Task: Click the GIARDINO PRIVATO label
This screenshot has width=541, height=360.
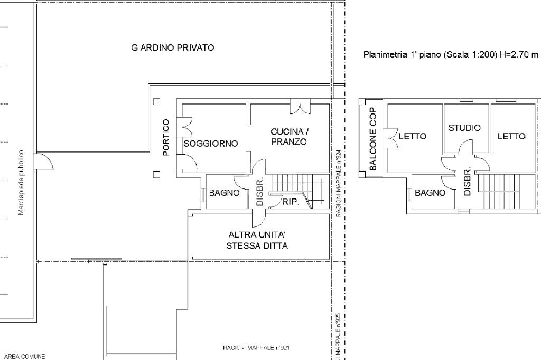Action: coord(173,48)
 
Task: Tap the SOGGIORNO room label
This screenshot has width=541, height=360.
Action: coord(210,144)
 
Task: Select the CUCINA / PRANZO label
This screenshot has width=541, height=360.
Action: coord(289,137)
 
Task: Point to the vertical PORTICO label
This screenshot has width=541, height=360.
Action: coord(166,137)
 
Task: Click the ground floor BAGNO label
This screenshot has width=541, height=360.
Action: coord(224,193)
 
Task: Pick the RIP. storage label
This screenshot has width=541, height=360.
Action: coord(291,202)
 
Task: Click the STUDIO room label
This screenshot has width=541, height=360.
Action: coord(464,128)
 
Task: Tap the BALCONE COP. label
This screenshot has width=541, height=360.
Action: coord(372,138)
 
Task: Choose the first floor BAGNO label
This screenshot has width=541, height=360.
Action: coord(430,193)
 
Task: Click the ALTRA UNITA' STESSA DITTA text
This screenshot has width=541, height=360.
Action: coord(257,240)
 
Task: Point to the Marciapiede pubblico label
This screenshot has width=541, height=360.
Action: coord(21,183)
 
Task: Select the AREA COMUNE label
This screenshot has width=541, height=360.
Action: coord(24,356)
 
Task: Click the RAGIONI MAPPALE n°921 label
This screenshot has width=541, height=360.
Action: coord(256,348)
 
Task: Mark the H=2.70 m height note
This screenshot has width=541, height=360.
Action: coord(519,54)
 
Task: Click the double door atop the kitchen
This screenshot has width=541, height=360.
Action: coord(300,107)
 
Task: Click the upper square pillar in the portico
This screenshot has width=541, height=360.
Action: coord(156,101)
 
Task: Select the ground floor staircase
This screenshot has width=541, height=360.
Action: coord(299,191)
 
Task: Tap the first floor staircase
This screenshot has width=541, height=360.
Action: coord(499,192)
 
